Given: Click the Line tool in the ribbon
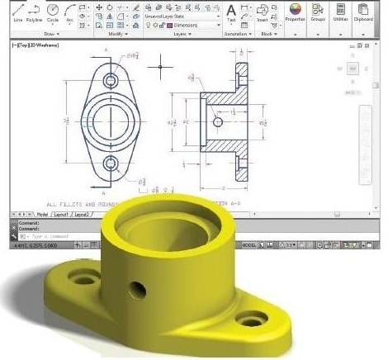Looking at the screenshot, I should coord(17,12).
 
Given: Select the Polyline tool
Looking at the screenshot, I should coord(35,12).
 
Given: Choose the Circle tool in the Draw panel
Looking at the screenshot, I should coord(54,12).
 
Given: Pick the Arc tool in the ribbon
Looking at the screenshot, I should coord(70,12).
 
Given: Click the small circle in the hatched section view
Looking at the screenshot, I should coord(218,121).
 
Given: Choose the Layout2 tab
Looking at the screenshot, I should coord(81,214).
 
